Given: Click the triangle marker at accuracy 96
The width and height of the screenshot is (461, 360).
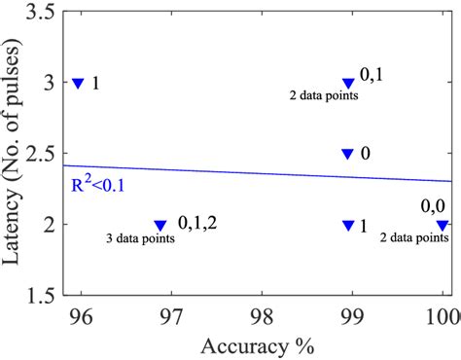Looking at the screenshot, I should (79, 84).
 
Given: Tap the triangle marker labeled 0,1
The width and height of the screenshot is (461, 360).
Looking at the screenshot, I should (348, 84).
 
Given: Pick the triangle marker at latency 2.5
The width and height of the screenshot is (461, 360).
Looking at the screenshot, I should (348, 154).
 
